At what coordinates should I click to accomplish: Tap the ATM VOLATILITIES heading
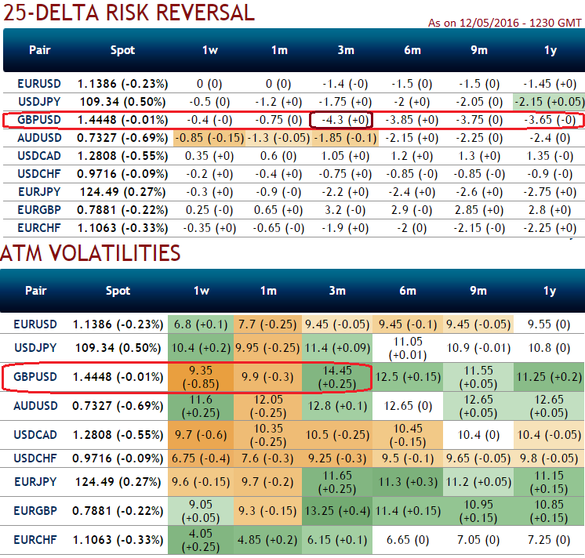pyautogui.click(x=90, y=252)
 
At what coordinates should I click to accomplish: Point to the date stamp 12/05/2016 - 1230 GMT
pyautogui.click(x=505, y=23)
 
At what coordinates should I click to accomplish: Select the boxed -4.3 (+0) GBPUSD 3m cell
pyautogui.click(x=342, y=120)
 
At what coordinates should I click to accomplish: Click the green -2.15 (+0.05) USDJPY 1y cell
pyautogui.click(x=549, y=101)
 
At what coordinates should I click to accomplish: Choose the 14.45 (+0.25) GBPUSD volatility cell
pyautogui.click(x=337, y=376)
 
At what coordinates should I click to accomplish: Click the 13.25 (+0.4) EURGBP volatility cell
pyautogui.click(x=337, y=511)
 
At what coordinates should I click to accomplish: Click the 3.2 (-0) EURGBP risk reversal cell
pyautogui.click(x=342, y=210)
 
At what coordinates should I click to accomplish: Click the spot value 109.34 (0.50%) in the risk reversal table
pyautogui.click(x=122, y=101)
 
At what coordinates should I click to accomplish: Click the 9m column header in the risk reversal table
pyautogui.click(x=478, y=50)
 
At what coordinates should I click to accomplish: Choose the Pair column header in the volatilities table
pyautogui.click(x=36, y=291)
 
